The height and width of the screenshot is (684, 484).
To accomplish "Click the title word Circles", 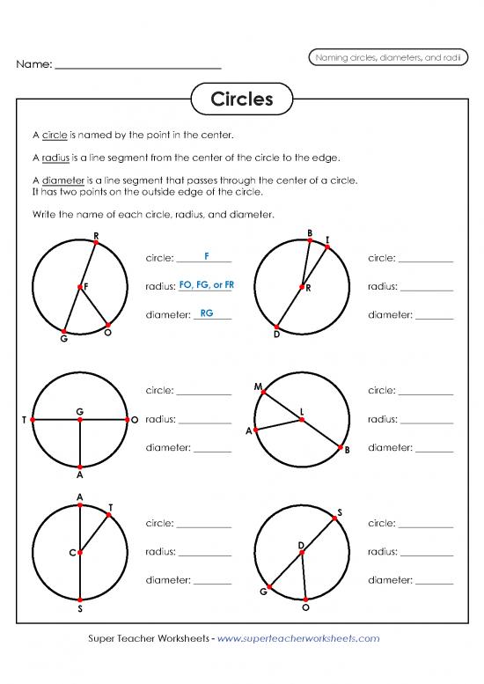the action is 242,99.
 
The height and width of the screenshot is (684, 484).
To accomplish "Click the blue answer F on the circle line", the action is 205,256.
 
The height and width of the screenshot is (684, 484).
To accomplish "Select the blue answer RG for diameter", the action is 207,313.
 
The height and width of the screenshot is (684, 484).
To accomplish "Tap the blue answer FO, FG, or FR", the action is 206,284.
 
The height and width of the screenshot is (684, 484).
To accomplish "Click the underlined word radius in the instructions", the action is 55,158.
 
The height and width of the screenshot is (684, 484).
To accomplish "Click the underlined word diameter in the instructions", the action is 62,180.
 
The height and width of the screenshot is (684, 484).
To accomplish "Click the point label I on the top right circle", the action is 327,239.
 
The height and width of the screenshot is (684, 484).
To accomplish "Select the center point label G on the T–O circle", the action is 79,411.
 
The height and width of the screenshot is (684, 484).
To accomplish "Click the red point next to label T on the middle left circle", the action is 33,421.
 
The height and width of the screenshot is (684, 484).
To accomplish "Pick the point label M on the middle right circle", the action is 257,387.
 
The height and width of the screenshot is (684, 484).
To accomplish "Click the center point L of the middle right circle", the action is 302,420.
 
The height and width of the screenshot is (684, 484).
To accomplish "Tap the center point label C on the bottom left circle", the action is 71,553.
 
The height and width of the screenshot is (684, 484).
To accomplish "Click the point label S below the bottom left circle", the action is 80,609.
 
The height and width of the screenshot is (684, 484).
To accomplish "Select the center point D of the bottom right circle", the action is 301,555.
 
